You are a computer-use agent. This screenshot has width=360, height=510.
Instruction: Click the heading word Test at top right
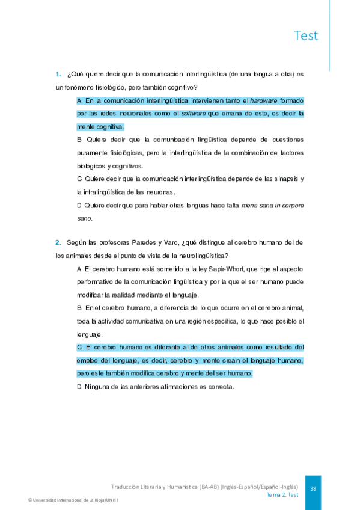click(x=306, y=35)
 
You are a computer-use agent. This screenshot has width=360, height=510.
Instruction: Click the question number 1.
click(x=58, y=75)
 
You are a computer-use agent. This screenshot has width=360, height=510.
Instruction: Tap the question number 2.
click(x=58, y=242)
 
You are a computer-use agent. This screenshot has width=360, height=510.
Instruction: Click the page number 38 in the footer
click(x=313, y=488)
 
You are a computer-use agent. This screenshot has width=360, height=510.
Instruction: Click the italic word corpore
click(x=291, y=205)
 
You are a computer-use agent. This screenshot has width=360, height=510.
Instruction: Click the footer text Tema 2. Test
click(x=282, y=494)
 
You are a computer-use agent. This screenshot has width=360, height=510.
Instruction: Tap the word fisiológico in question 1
click(x=102, y=88)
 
